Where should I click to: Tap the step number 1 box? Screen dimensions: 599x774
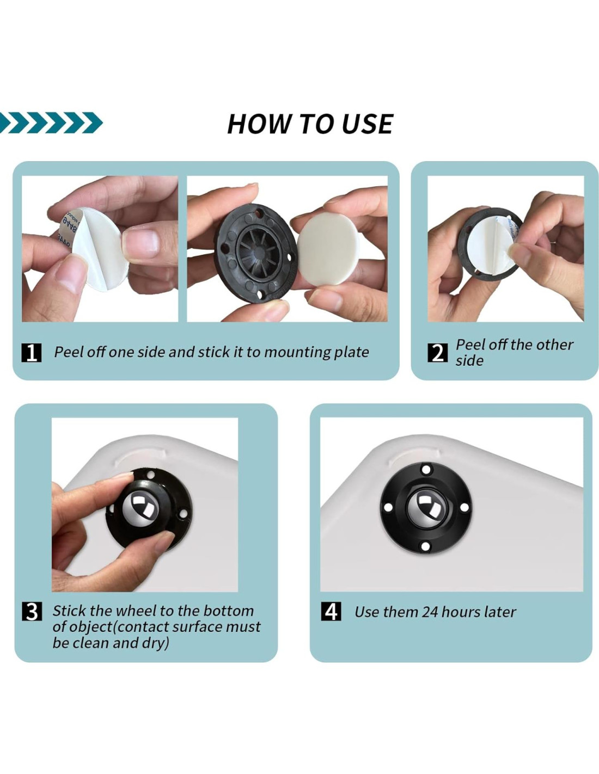click(x=32, y=352)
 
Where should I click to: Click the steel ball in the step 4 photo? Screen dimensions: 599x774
click(x=426, y=506)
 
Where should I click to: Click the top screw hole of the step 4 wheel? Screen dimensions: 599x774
click(x=425, y=469)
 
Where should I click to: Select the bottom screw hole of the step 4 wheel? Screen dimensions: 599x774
click(x=425, y=545)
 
